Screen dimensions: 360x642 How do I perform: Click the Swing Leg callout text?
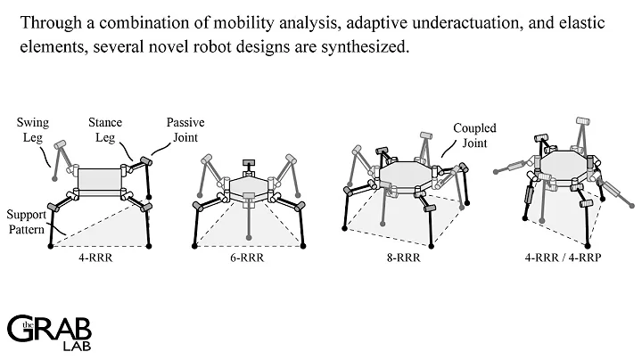33,130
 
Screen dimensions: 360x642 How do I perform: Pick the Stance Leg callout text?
105,130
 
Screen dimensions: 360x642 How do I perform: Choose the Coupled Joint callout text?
475,135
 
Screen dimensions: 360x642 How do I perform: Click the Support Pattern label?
26,222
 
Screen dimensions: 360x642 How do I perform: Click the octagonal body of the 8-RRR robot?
406,171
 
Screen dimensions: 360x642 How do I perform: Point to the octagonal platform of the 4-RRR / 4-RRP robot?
564,164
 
